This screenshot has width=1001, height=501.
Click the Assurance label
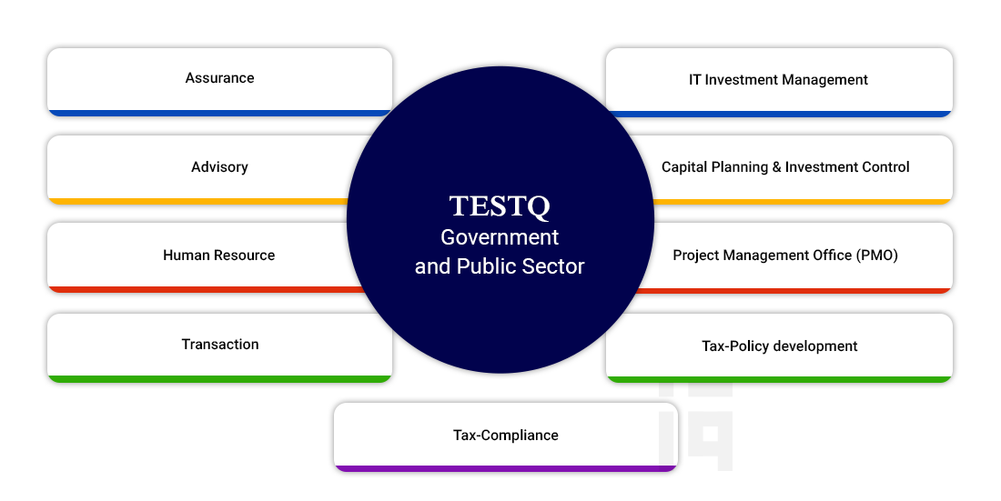coord(219,78)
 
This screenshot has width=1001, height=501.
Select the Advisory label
coord(219,167)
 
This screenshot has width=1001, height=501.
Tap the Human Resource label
coord(219,256)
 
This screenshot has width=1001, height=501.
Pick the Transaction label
coord(220,345)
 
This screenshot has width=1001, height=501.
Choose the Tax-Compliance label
coord(506,436)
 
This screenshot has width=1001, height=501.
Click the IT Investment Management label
coord(778,80)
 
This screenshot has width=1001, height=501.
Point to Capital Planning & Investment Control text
coord(785,167)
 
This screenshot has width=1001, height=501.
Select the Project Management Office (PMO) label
coord(785,256)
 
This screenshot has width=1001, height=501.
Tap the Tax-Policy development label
coord(780,346)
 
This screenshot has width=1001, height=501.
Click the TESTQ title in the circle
coord(500,206)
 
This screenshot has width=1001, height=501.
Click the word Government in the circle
coord(500,237)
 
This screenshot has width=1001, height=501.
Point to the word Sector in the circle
coord(553,266)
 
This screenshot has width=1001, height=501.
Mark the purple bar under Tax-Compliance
coord(506,468)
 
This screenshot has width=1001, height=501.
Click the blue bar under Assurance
coord(219,113)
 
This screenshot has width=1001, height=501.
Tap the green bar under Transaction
coord(219,379)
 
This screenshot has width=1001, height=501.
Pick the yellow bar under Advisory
coord(198,202)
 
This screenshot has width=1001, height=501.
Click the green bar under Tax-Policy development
coord(780,380)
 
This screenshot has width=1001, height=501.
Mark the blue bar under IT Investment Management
coord(780,115)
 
